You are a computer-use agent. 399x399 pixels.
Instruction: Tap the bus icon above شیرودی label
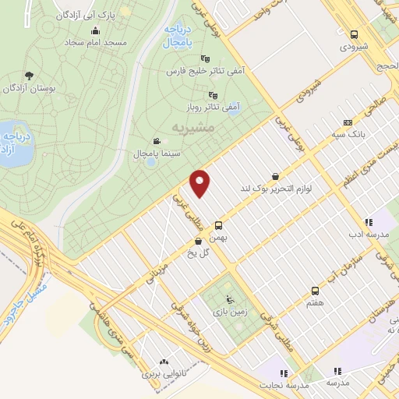tap(355, 35)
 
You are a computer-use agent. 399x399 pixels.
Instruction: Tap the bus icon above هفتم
tap(315, 289)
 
